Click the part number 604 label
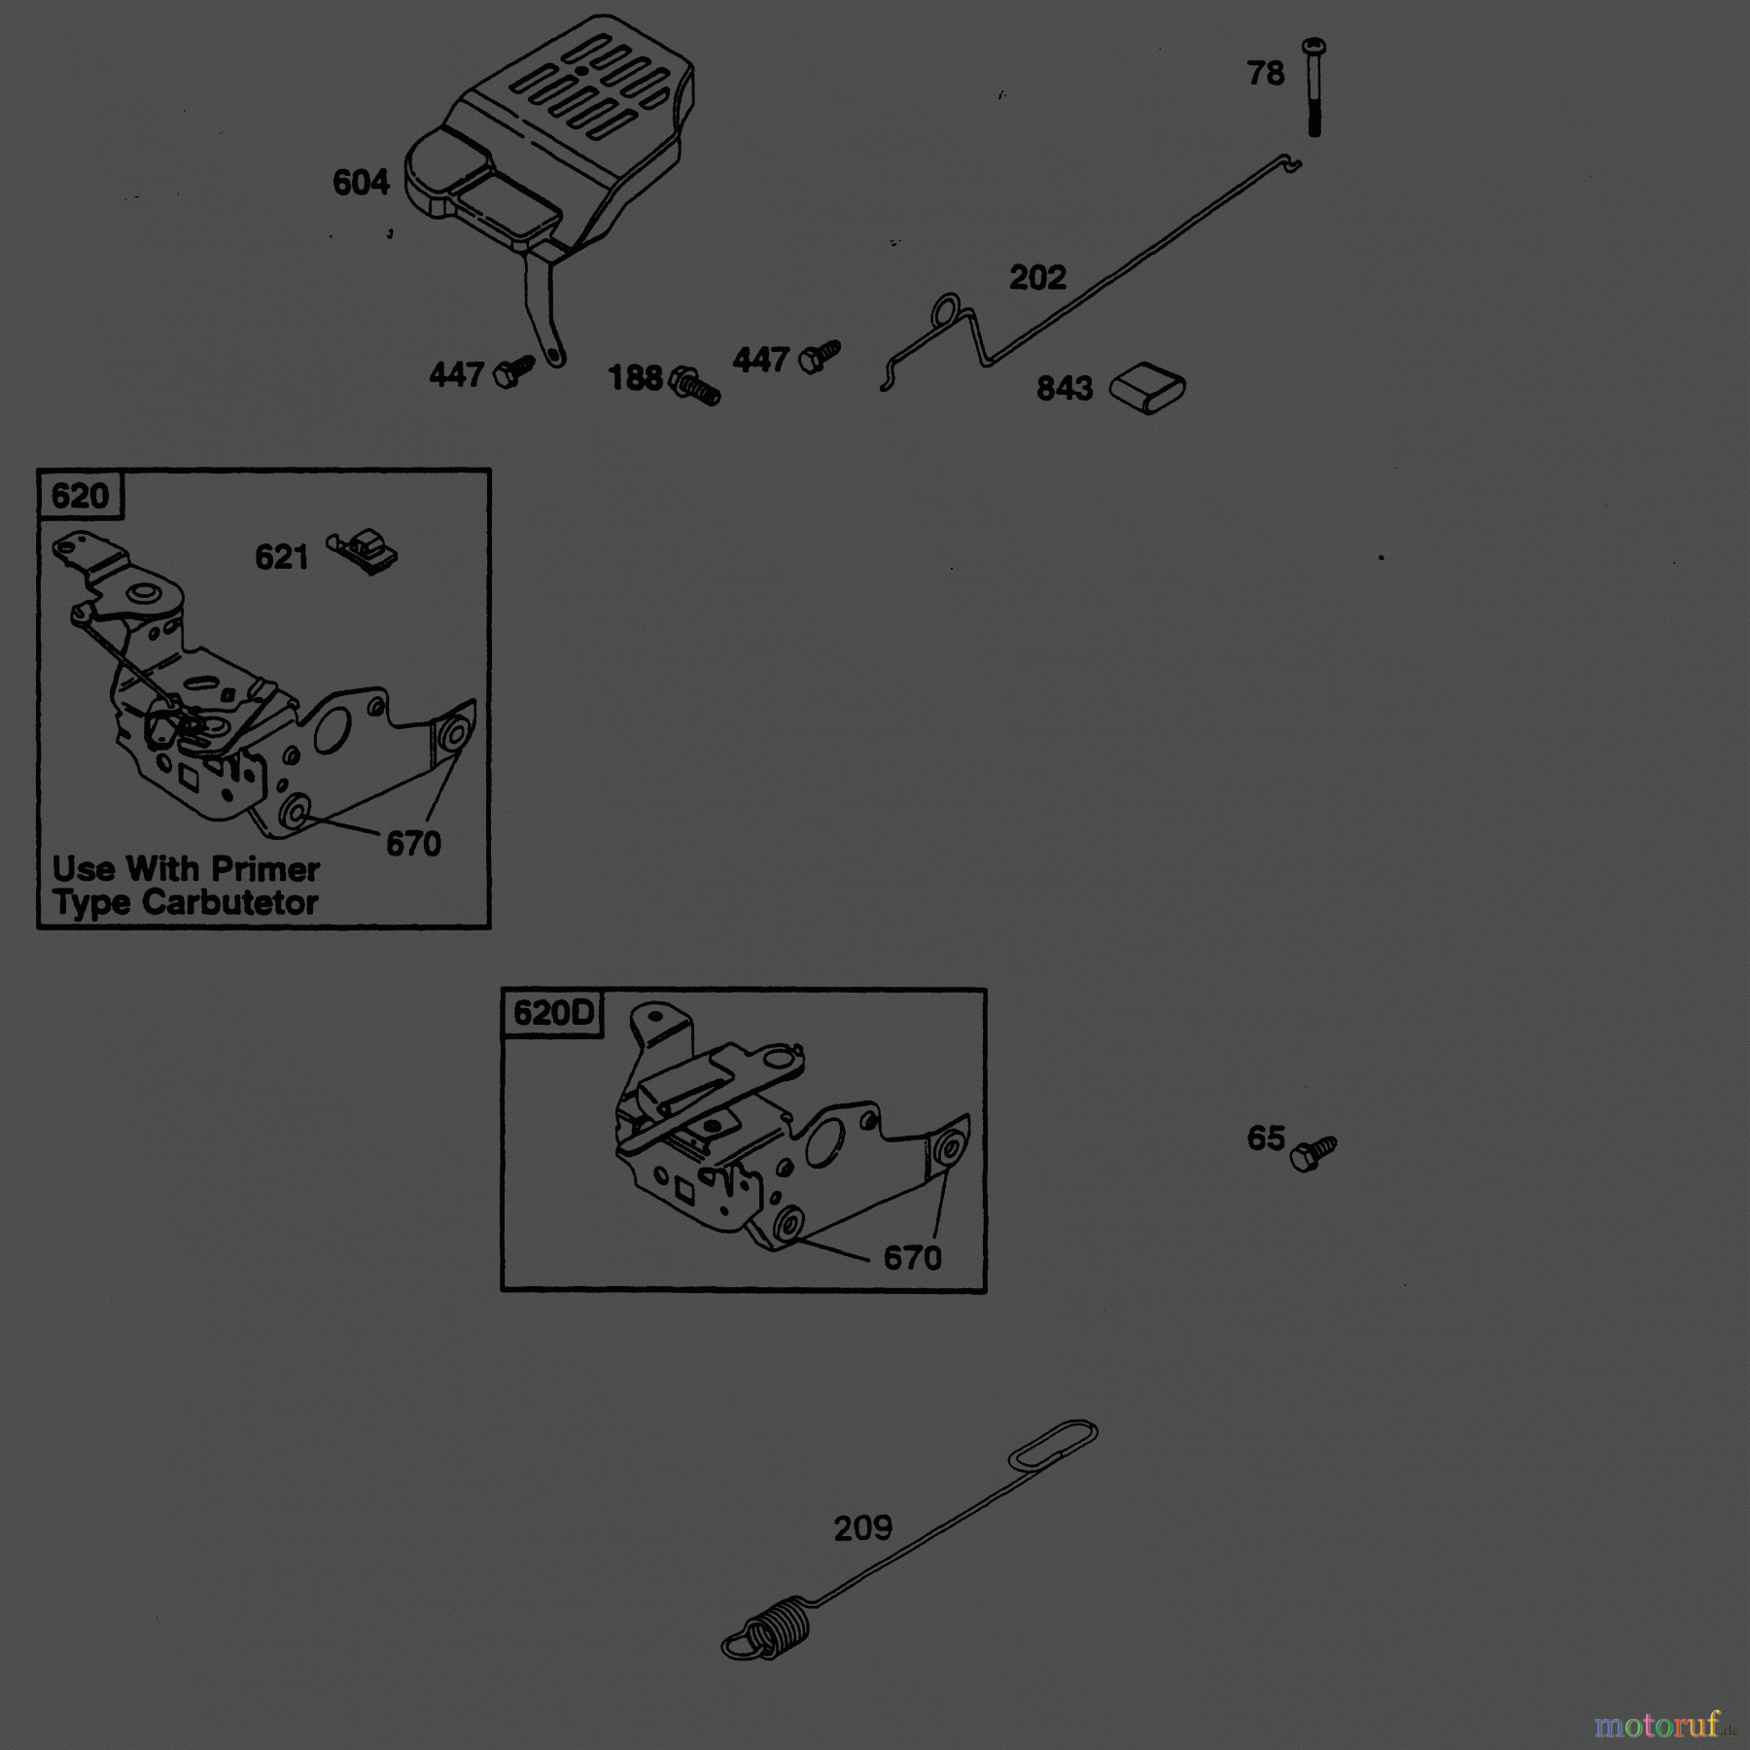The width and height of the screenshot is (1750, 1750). tap(361, 183)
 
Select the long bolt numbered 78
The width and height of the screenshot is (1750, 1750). tap(1313, 87)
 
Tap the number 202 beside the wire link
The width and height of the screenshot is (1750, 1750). tap(1037, 278)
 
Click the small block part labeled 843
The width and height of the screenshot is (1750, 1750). tap(1147, 388)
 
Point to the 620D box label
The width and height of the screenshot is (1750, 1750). tap(552, 1013)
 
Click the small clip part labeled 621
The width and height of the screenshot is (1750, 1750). tap(363, 551)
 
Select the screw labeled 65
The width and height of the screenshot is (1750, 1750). tap(1312, 1153)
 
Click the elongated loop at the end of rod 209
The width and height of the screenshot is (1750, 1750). tap(1054, 1445)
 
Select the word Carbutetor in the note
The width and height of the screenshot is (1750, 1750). tap(229, 903)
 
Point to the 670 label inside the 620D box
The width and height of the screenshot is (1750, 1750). tap(912, 1258)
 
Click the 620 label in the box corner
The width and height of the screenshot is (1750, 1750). tap(80, 496)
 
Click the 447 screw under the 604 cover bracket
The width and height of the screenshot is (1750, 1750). tap(513, 372)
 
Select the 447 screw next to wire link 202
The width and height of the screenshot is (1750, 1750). tap(819, 357)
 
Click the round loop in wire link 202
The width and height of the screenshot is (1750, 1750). tap(946, 311)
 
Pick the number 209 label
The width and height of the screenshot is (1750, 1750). tap(862, 1529)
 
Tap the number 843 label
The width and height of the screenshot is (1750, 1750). tap(1065, 389)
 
